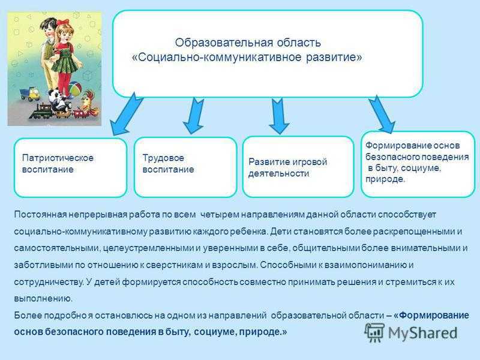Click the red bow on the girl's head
point(65,22)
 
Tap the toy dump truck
point(30,94)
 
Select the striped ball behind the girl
point(75,90)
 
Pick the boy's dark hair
point(47,24)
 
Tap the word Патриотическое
point(58,158)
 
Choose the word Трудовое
point(163,158)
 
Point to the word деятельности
point(278,173)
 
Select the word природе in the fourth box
point(385,179)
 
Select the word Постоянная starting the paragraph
point(40,215)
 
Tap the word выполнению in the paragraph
point(43,298)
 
